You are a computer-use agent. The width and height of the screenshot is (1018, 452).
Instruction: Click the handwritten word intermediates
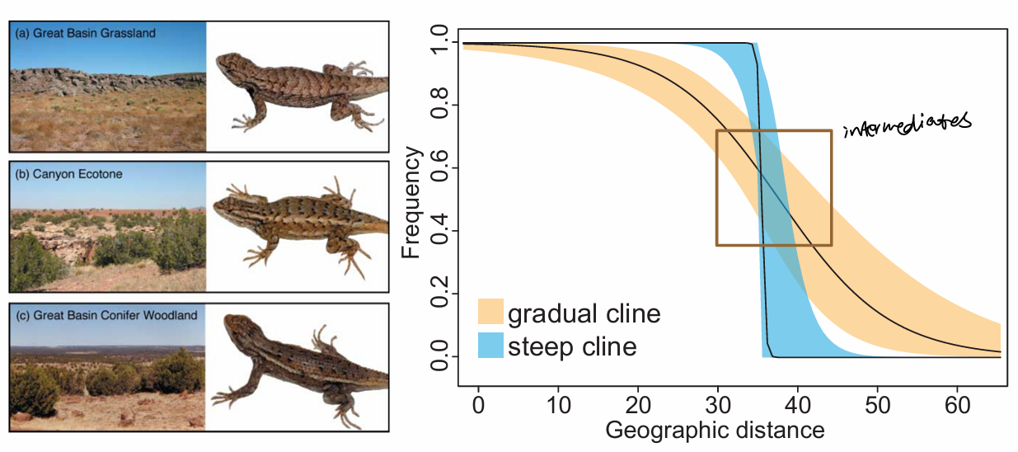coord(908,124)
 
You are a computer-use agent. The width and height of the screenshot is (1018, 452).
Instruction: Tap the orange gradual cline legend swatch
coord(491,313)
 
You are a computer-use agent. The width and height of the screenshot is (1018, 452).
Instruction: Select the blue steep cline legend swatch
coord(491,346)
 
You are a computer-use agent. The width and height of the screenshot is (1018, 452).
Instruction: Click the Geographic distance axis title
coord(715,430)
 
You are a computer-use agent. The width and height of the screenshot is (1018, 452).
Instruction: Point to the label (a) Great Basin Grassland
coord(85,34)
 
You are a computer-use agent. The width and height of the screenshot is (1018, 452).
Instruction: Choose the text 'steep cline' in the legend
coord(572,346)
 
